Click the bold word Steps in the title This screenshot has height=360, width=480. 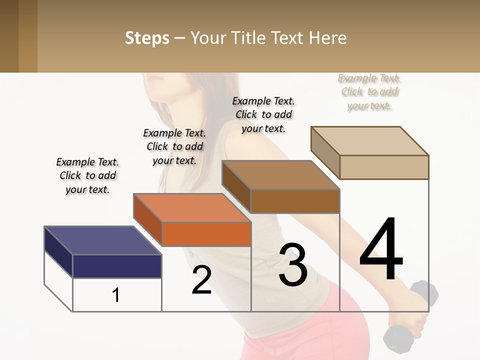pos(147,38)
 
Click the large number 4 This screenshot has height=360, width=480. pos(381,250)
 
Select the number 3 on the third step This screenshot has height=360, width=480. pos(293,265)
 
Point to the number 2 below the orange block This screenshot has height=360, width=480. pos(201,280)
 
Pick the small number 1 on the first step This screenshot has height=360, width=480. pos(116,295)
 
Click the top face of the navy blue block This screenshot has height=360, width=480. pos(102,240)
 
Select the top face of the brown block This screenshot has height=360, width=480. pos(280,175)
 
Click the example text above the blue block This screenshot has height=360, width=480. pos(87,175)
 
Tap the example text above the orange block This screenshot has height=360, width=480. pos(174,146)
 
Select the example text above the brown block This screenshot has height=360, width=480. pos(263,114)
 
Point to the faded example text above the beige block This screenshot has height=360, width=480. pos(369,91)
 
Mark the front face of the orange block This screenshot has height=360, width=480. pos(206,234)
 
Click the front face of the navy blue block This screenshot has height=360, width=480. pos(117,266)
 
